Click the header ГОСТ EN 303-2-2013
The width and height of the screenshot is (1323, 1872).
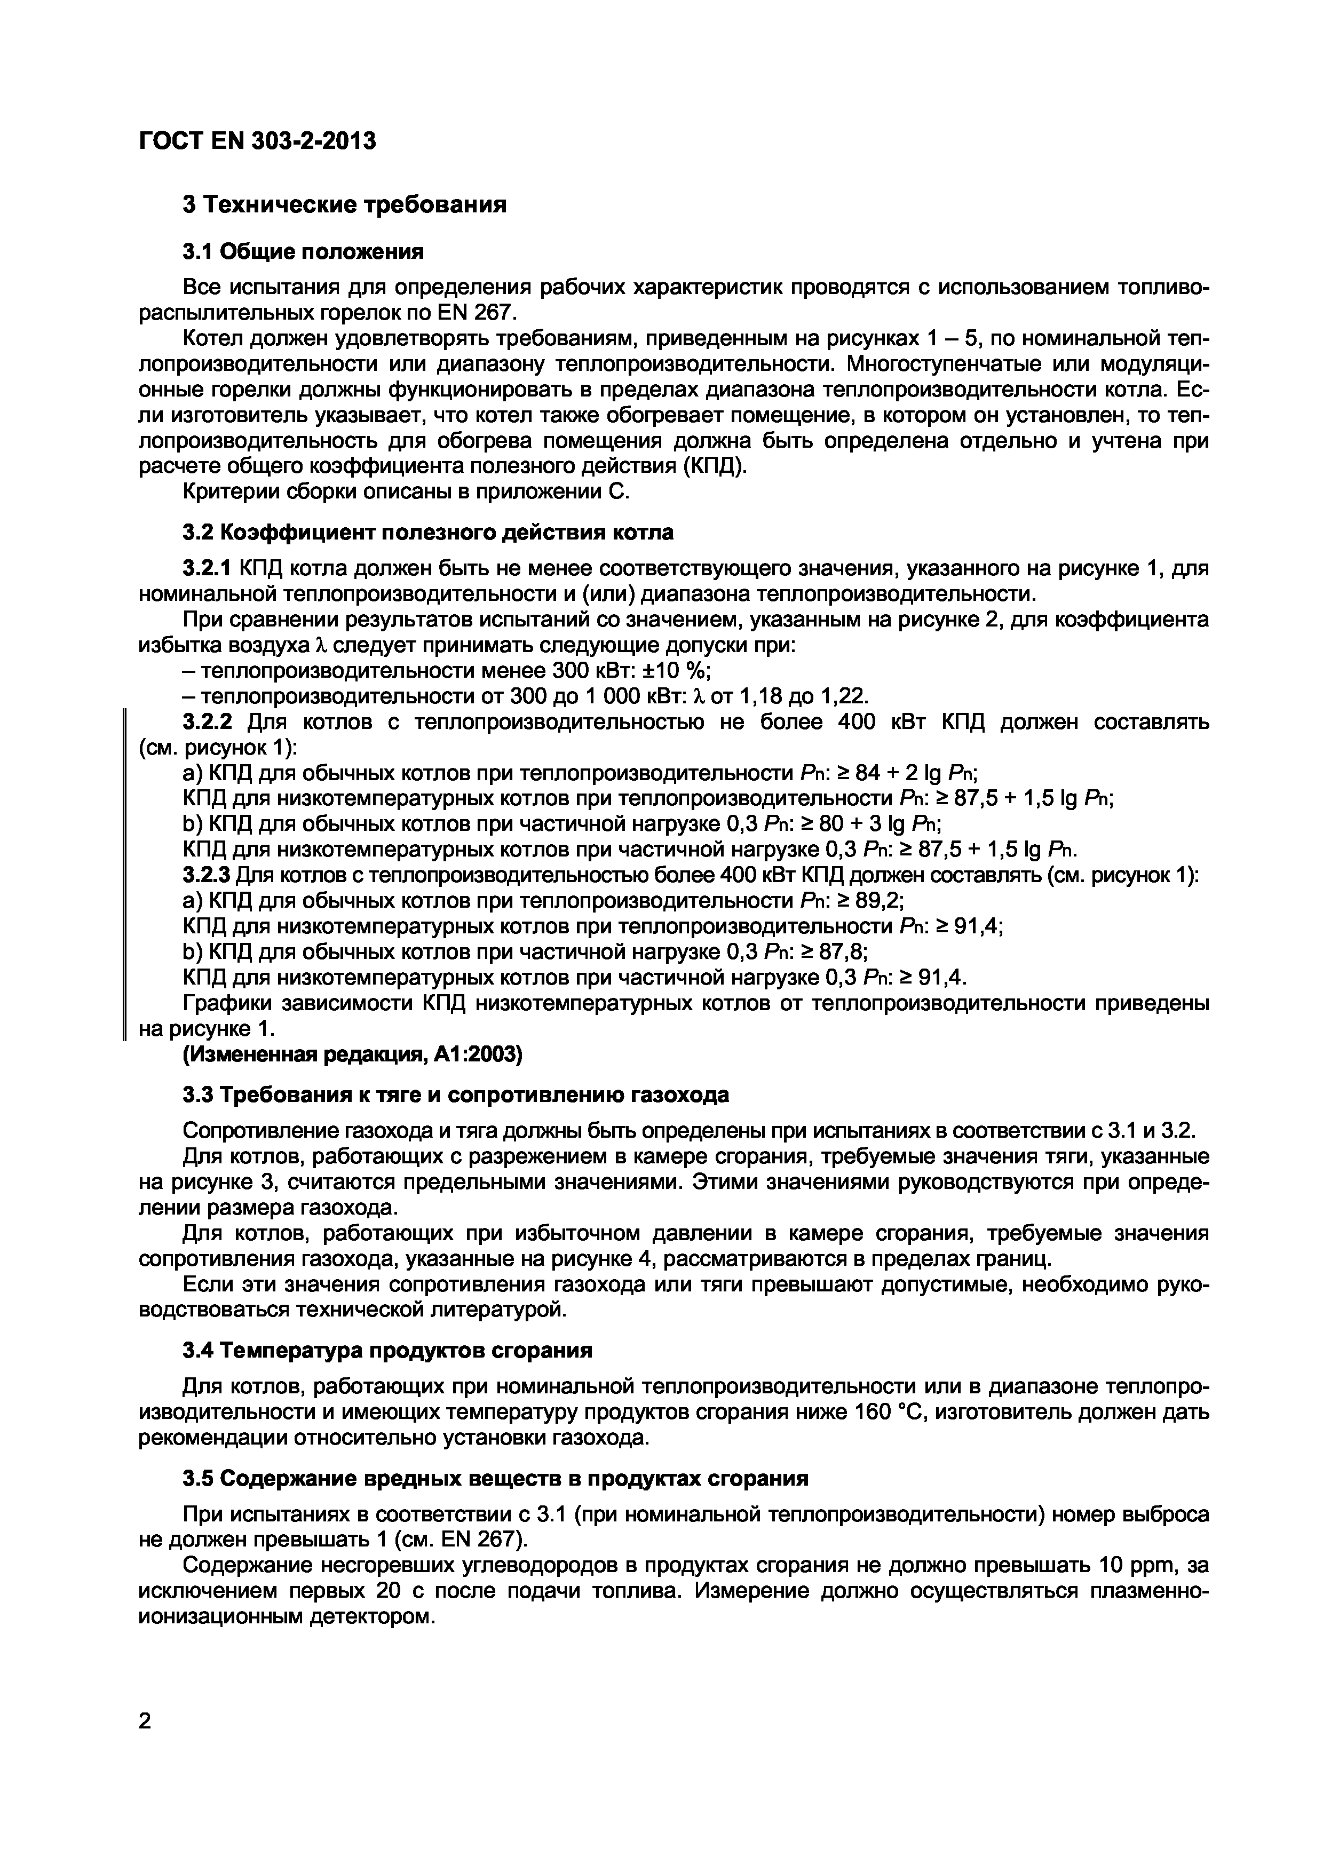(258, 142)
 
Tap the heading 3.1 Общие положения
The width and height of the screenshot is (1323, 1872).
(303, 252)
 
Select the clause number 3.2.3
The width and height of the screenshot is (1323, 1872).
(207, 876)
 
